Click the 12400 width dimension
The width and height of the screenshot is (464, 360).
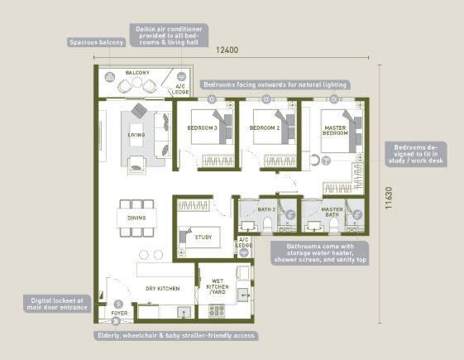point(227,50)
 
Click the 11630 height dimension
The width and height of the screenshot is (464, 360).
point(389,198)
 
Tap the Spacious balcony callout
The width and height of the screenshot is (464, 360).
point(97,42)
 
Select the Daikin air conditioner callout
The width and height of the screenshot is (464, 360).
point(169,36)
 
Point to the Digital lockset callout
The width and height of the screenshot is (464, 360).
point(57,304)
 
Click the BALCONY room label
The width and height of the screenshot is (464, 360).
point(137,73)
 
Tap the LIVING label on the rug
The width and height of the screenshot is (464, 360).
point(136,135)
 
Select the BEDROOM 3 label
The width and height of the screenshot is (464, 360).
point(202,128)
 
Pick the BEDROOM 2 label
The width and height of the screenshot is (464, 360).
point(265,128)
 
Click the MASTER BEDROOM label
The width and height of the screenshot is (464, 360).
point(335,130)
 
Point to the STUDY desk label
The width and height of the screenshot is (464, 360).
point(203,238)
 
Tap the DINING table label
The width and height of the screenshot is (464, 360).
point(136,218)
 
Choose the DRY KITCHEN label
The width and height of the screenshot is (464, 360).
point(162,288)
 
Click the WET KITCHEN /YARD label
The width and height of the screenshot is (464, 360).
point(218,286)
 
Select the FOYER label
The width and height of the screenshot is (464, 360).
point(119,313)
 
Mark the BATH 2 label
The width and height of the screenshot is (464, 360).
point(266,209)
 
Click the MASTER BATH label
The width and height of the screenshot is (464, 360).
point(332,212)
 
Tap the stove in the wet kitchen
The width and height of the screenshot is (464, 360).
point(217,311)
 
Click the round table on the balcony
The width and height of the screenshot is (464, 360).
point(137,82)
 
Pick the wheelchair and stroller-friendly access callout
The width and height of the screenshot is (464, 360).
point(176,335)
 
